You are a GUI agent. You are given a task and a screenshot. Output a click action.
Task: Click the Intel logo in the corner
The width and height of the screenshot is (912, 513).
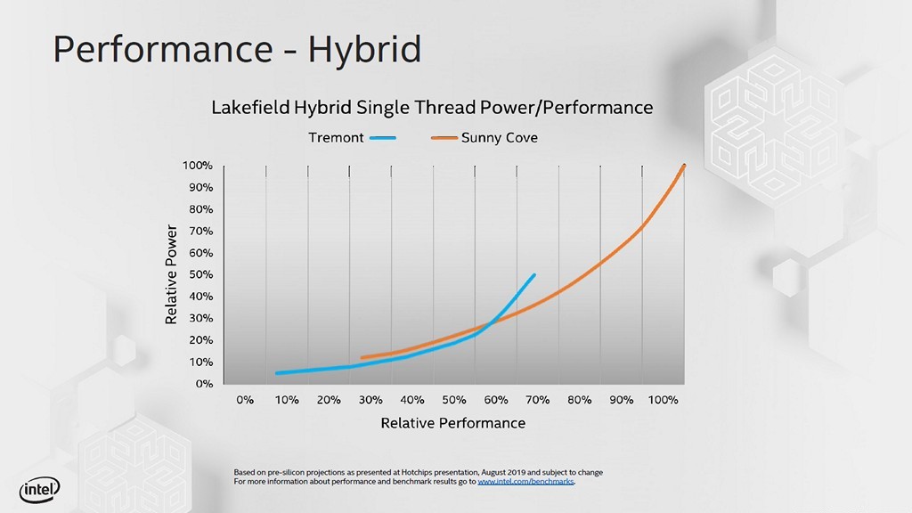(40, 488)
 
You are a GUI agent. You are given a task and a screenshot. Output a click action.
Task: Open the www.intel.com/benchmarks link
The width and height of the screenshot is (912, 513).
(525, 481)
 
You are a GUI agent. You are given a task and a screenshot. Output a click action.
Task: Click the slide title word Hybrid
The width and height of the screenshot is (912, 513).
(364, 49)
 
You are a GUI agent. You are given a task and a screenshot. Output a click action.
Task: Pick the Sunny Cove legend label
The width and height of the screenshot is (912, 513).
(499, 138)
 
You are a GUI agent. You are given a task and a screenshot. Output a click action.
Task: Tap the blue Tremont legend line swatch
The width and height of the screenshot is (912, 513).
(382, 138)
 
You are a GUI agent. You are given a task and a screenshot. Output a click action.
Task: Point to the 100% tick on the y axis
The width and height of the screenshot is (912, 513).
(198, 166)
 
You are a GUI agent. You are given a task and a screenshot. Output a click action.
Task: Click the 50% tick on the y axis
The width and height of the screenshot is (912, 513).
(200, 274)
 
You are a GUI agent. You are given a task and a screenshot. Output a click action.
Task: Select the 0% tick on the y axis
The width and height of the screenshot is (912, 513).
(204, 384)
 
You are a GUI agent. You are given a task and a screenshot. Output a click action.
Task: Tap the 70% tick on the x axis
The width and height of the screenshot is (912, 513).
(538, 400)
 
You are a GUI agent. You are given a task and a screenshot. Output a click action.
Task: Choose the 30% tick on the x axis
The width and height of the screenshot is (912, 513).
(370, 400)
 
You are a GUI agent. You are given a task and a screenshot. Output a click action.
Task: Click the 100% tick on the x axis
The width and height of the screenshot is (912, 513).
(664, 400)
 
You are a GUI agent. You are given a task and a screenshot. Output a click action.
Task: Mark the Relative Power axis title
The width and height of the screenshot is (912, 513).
(172, 274)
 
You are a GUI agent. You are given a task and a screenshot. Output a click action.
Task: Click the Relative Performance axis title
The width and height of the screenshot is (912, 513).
(452, 423)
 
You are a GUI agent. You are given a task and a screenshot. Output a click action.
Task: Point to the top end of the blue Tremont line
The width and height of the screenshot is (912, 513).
(534, 275)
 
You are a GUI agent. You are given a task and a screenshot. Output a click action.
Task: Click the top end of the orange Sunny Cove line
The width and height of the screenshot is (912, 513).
(684, 165)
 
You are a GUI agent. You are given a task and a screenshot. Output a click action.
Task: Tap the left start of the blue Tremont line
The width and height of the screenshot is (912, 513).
(277, 373)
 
